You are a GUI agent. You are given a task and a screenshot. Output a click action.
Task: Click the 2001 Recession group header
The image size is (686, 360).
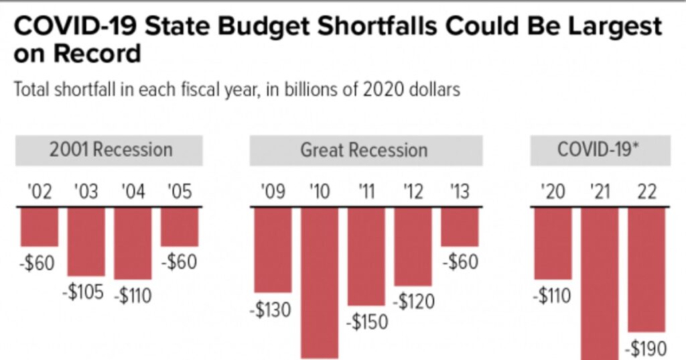[110, 149]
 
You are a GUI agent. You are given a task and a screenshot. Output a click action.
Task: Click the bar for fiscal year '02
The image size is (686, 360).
[40, 227]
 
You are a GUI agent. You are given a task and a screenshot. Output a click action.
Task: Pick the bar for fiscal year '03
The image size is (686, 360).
[86, 241]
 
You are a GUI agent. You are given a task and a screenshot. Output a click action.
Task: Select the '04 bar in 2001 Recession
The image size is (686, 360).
[133, 243]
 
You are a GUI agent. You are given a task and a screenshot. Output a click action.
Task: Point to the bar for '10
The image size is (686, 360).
[320, 282]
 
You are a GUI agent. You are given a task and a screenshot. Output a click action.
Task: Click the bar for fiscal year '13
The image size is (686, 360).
[460, 227]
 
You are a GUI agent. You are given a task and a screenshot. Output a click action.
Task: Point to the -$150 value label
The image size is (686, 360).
[366, 322]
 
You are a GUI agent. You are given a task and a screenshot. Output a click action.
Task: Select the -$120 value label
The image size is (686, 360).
[413, 302]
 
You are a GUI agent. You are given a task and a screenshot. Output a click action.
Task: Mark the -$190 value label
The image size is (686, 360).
[645, 348]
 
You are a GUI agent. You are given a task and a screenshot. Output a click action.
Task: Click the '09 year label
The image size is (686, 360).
[273, 192]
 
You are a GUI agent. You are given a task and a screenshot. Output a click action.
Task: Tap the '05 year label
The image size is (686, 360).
[179, 192]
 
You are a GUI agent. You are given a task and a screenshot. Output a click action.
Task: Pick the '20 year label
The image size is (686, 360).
[553, 192]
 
